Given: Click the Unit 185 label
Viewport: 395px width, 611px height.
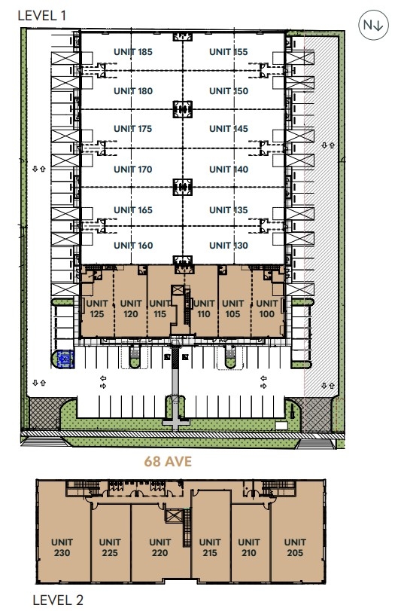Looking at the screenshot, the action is pos(132,52).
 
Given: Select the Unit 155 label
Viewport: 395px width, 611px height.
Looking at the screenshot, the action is pos(229,52).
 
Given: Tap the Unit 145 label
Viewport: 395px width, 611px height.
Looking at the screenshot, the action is pos(229,129).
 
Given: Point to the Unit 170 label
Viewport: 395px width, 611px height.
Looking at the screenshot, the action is pos(132,170).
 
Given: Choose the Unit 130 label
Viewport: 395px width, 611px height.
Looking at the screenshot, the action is pos(229,246).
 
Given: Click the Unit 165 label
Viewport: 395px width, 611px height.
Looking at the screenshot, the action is pos(132,210).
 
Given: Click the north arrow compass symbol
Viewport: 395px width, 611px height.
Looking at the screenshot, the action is pos(373,25).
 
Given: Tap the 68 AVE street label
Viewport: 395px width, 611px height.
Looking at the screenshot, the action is pos(168,461).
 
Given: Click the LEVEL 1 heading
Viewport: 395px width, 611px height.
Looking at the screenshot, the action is pos(42,16).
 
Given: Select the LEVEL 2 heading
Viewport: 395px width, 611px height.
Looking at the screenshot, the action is pos(58,600).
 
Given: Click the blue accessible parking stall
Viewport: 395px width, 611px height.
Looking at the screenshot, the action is pos(65,359).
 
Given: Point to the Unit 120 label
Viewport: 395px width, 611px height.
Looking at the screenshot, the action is pos(131,309).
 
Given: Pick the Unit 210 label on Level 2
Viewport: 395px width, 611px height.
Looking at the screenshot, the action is pos(249,548).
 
